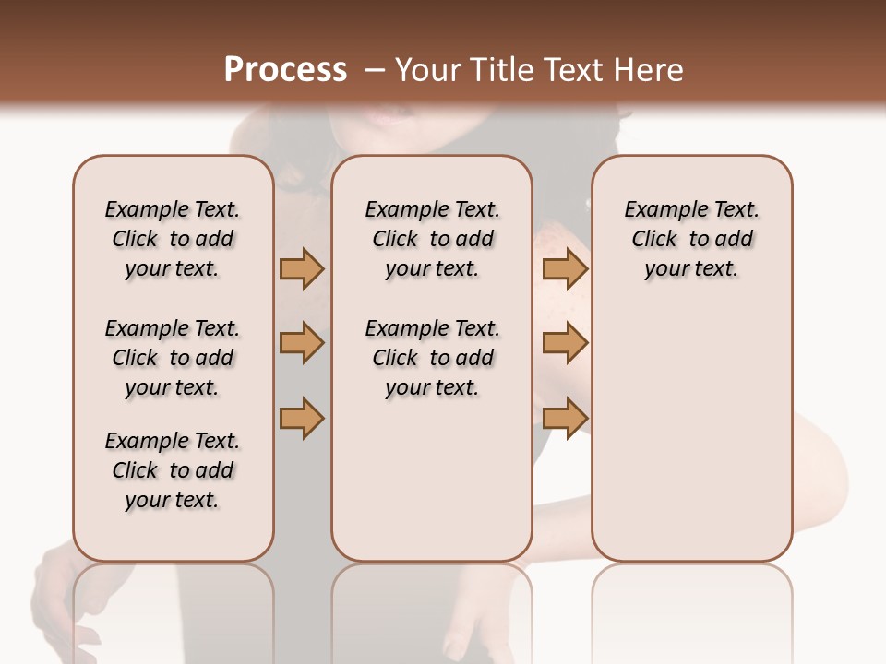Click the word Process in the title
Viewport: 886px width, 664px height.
pyautogui.click(x=285, y=70)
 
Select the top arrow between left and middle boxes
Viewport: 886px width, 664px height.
pyautogui.click(x=302, y=269)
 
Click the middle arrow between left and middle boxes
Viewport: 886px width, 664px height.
pyautogui.click(x=302, y=343)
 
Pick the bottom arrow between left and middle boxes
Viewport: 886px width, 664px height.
pyautogui.click(x=302, y=418)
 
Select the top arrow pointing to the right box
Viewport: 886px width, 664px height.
pyautogui.click(x=565, y=269)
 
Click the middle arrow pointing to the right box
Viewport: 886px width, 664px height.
pyautogui.click(x=565, y=343)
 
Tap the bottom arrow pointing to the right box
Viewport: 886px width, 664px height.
pyautogui.click(x=565, y=418)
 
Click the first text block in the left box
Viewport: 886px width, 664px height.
pyautogui.click(x=173, y=239)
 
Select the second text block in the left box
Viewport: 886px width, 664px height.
pyautogui.click(x=173, y=358)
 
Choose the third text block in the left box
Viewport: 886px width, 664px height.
pyautogui.click(x=173, y=470)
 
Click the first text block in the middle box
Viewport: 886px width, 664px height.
pyautogui.click(x=432, y=239)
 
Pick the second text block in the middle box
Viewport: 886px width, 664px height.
pyautogui.click(x=432, y=358)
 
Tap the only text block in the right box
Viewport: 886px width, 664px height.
pyautogui.click(x=691, y=239)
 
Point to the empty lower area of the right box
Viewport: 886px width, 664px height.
pyautogui.click(x=691, y=443)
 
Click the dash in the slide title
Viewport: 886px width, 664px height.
pyautogui.click(x=375, y=70)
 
